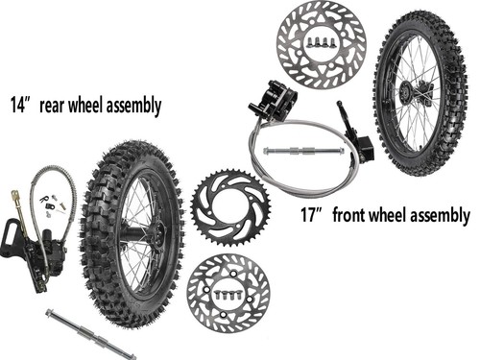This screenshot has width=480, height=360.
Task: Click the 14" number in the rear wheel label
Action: (x=21, y=104)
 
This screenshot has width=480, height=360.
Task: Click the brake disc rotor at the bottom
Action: (x=228, y=294)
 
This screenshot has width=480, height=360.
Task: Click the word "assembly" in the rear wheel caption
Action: (x=126, y=105)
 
